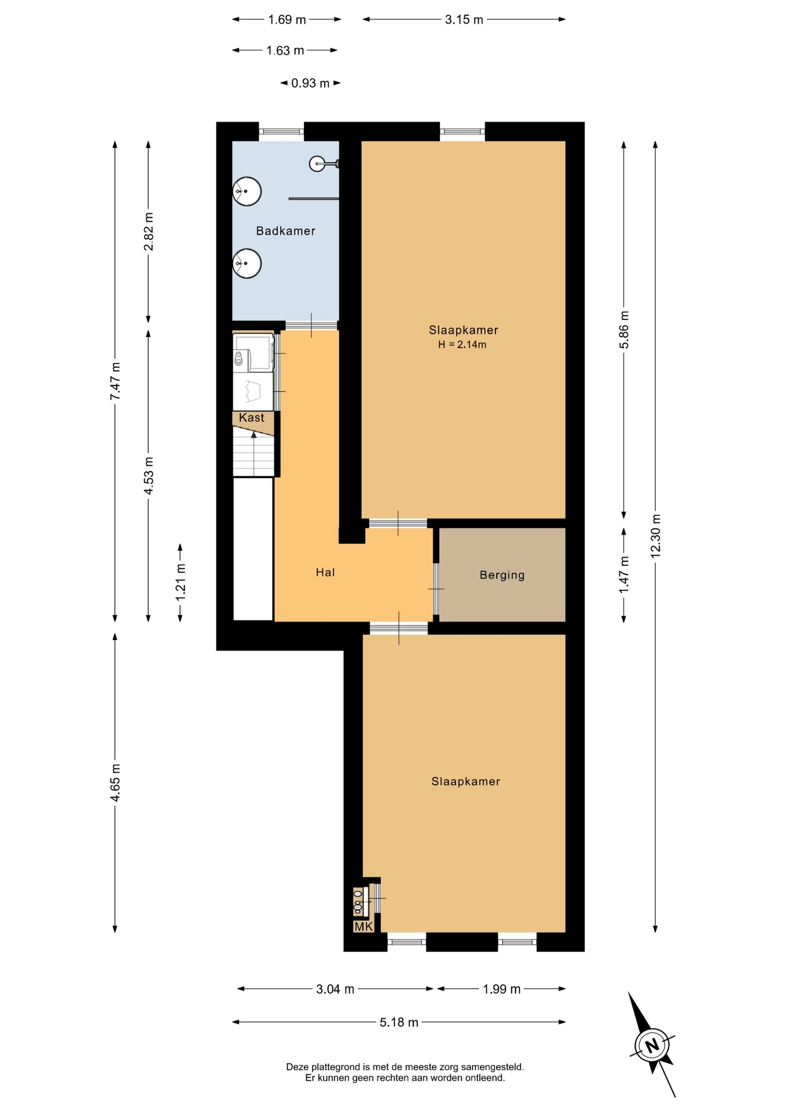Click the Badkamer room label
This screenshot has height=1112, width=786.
click(x=285, y=231)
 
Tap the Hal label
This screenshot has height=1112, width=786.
click(x=325, y=573)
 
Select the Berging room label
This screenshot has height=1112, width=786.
click(x=502, y=575)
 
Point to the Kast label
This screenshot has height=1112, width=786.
click(x=251, y=418)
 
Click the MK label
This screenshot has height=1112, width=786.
click(x=363, y=927)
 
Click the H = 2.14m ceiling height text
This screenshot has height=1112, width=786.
click(x=462, y=345)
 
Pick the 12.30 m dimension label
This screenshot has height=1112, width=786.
click(x=655, y=536)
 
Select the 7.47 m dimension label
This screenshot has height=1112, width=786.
click(x=115, y=381)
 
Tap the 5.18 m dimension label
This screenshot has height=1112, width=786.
click(x=399, y=1022)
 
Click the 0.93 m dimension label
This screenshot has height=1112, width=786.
click(x=310, y=83)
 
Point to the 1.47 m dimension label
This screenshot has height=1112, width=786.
click(x=624, y=575)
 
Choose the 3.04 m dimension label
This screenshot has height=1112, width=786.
click(x=335, y=989)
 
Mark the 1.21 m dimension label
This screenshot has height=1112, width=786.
click(x=181, y=582)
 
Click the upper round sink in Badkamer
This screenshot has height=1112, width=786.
click(x=247, y=191)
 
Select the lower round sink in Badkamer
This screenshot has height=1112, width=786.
click(x=247, y=264)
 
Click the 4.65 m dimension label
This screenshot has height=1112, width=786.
click(x=115, y=782)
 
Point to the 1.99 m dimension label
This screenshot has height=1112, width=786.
click(x=502, y=989)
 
